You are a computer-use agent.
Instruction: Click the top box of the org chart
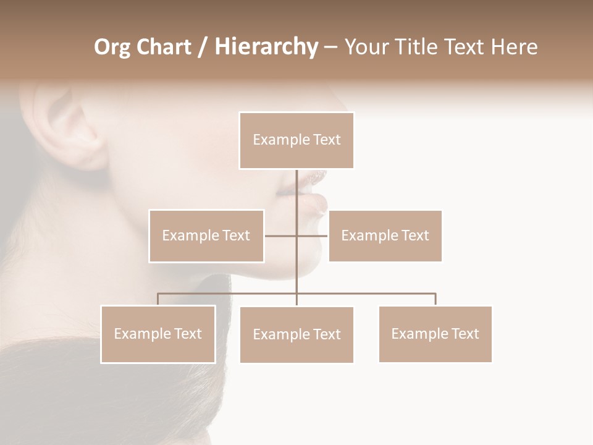point(296,140)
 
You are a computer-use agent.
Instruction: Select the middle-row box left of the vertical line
point(206,235)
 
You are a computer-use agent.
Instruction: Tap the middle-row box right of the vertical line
point(385,235)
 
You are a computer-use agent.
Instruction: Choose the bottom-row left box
point(158,334)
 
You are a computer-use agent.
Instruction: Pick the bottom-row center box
point(296,334)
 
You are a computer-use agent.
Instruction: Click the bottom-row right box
point(435,334)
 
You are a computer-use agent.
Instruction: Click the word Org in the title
point(112,47)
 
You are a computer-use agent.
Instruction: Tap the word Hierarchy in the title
point(266,47)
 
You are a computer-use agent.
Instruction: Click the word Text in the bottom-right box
point(465,334)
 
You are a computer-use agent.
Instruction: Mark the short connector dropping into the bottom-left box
point(158,299)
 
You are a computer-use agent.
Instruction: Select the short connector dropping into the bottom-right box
point(435,299)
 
